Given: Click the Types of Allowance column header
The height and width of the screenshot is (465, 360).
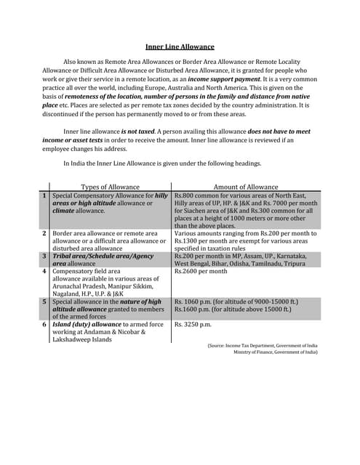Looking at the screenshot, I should pos(109,187).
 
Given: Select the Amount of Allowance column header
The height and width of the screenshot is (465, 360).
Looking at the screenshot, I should pos(245,187).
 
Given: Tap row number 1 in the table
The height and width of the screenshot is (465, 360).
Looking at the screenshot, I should pos(44,195).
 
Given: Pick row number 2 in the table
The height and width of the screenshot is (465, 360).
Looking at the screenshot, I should pos(44,233).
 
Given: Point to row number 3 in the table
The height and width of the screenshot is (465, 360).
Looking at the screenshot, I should pos(44,256).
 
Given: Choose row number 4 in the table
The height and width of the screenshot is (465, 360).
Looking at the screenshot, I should pos(44,272).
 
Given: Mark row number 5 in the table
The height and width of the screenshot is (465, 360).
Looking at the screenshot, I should pos(44,302).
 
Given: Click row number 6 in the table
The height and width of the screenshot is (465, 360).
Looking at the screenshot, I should pos(44,324).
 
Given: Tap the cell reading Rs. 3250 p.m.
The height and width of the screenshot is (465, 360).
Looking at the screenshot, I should pos(193,324).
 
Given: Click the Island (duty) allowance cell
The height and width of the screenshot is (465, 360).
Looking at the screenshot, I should pos(108,331).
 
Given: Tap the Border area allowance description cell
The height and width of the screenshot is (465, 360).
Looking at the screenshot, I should pos(109,240).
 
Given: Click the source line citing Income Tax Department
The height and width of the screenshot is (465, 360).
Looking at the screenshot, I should pos(262,346).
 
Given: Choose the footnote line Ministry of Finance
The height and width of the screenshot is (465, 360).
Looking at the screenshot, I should pos(275,352).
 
